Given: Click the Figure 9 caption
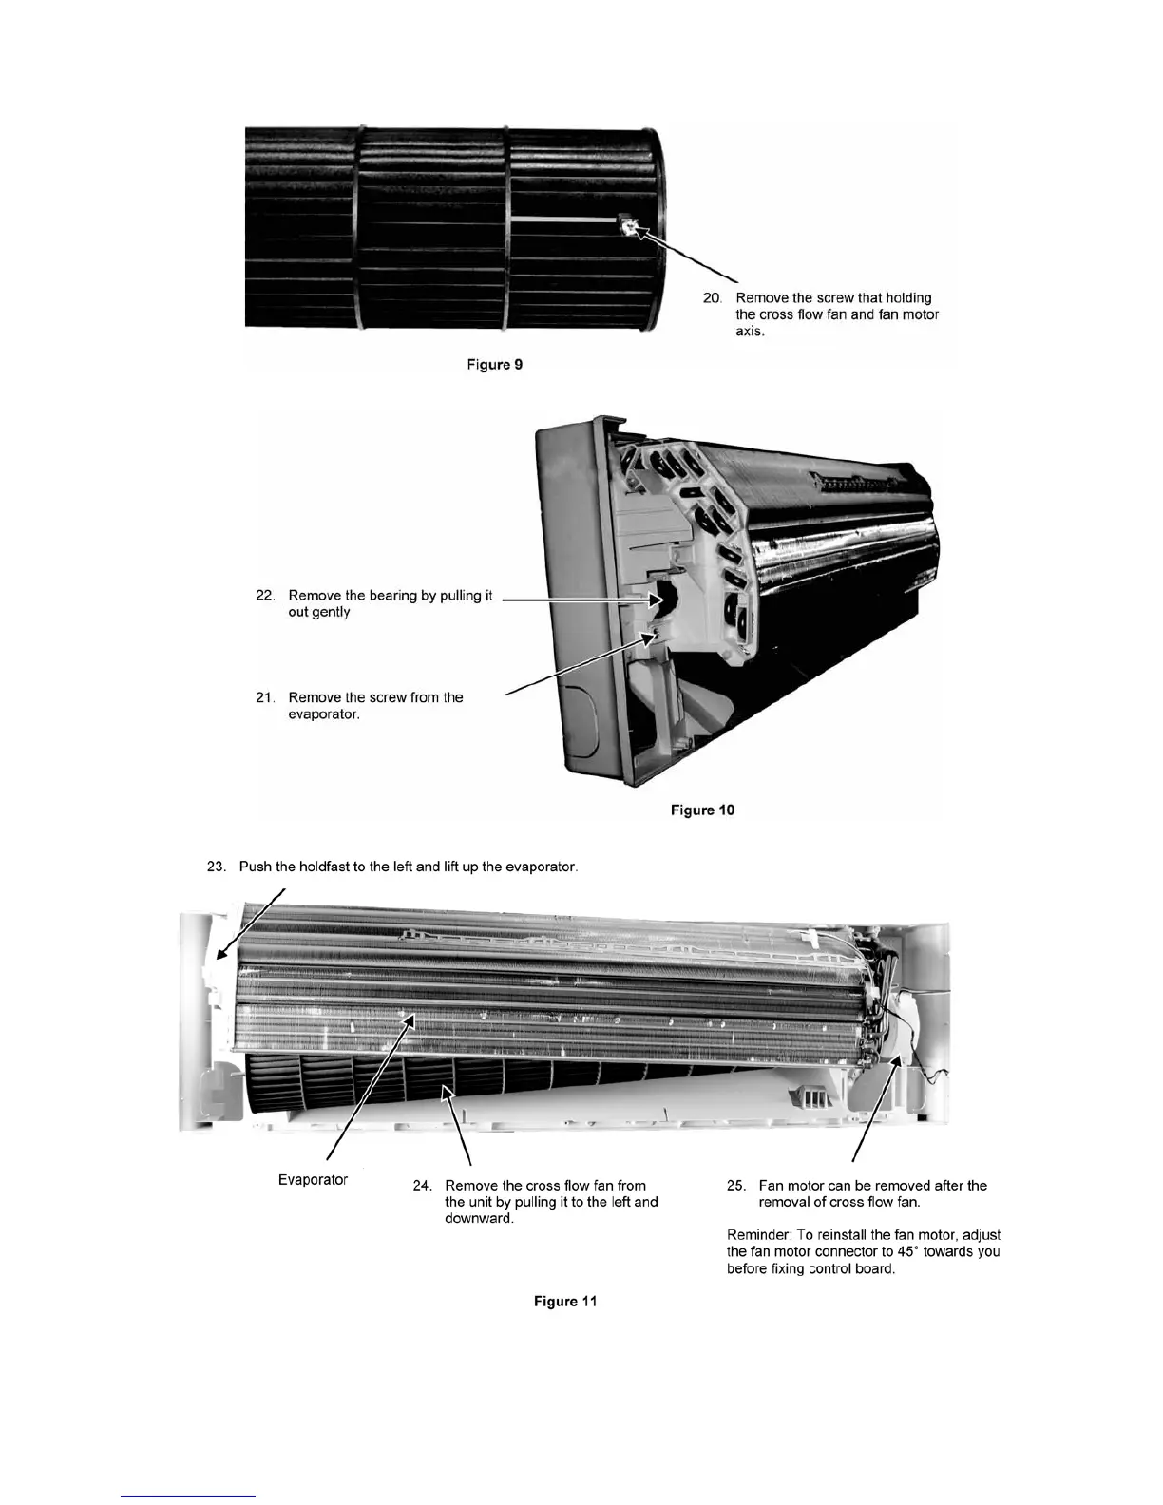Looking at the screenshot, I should pyautogui.click(x=495, y=365).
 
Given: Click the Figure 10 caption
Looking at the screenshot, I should pyautogui.click(x=702, y=810).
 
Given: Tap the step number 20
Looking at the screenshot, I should pyautogui.click(x=713, y=297).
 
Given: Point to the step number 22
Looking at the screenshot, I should pyautogui.click(x=265, y=596).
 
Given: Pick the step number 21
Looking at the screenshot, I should pyautogui.click(x=265, y=697).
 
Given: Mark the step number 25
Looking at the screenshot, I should pyautogui.click(x=735, y=1186).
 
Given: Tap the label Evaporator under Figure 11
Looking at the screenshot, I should pyautogui.click(x=313, y=1180).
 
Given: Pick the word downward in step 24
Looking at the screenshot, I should pyautogui.click(x=479, y=1219).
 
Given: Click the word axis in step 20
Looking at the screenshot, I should pyautogui.click(x=750, y=332).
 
